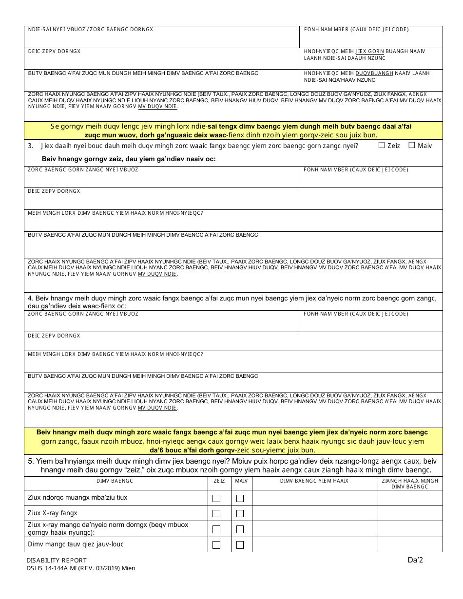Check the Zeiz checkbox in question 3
(x=382, y=145)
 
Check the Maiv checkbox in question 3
(x=412, y=145)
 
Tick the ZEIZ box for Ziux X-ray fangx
(x=216, y=514)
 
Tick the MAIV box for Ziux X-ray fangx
(x=240, y=514)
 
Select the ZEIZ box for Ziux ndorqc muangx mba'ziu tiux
(x=216, y=498)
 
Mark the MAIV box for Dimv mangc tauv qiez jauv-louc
(x=240, y=545)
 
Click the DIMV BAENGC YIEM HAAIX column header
(x=314, y=481)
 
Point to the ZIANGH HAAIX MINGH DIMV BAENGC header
(x=410, y=484)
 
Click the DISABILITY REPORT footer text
(x=57, y=561)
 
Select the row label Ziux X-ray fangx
(x=53, y=513)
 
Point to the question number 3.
(x=30, y=146)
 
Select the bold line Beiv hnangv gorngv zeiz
(x=129, y=159)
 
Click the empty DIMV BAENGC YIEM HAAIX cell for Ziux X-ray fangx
(x=315, y=514)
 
